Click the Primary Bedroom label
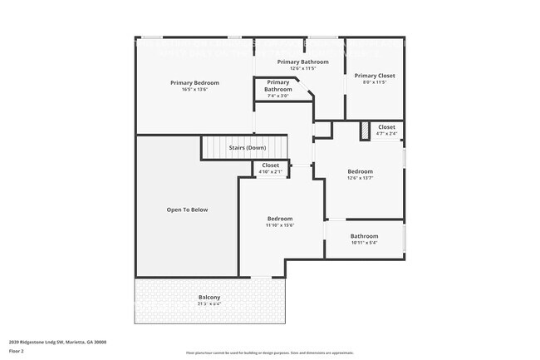[194, 82]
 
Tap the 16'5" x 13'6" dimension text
[194, 90]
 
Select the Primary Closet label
[375, 75]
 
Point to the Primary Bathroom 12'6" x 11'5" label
[302, 62]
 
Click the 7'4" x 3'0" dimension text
[277, 96]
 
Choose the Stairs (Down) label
[247, 148]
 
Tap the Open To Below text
[187, 210]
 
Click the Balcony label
[209, 297]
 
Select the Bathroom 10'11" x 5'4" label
[364, 236]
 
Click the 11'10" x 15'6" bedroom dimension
[280, 225]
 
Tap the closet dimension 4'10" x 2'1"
[271, 172]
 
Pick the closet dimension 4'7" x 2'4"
[386, 134]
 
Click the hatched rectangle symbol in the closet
[364, 131]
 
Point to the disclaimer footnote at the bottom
[269, 353]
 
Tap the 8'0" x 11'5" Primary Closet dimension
[375, 82]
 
